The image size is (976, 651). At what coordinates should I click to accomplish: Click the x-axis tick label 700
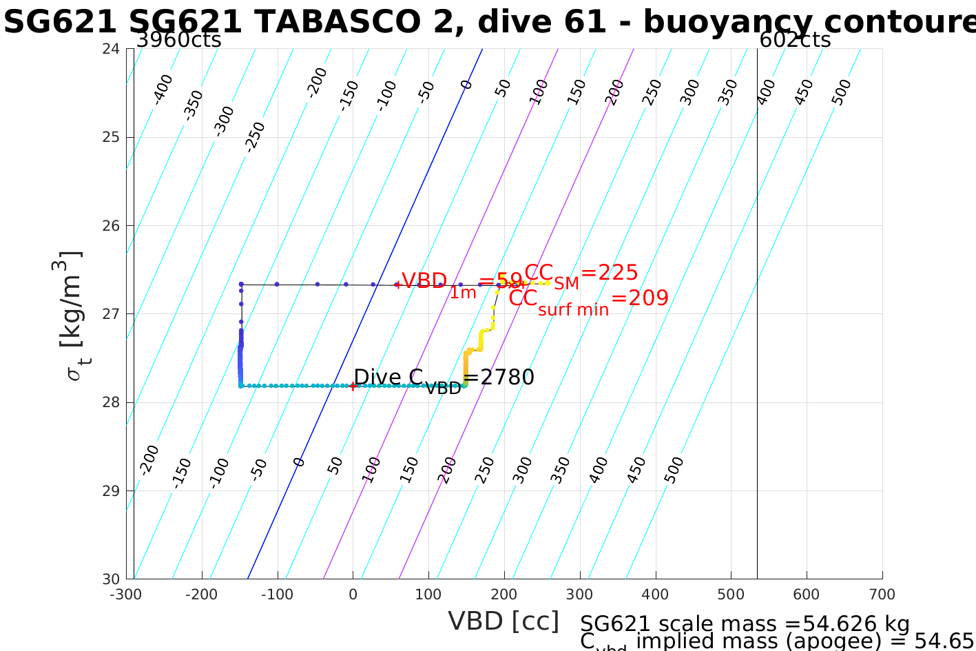coord(882,595)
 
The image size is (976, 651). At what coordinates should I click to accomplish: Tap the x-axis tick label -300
coord(126,595)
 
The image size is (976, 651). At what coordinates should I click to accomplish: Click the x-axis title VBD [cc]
coord(503,621)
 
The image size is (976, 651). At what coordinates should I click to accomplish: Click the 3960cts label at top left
coord(178,40)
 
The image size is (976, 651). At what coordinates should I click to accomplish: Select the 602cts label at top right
coord(795,40)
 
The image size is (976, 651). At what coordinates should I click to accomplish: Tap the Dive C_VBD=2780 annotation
coord(444,379)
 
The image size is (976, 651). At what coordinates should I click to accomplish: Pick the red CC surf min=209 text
coord(588,300)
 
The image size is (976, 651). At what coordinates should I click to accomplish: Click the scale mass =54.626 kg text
coord(745,624)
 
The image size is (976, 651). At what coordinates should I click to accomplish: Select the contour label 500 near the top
coord(841,92)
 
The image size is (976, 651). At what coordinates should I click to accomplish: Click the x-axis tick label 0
coord(353,595)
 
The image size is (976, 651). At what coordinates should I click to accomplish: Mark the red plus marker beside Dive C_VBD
coord(353,386)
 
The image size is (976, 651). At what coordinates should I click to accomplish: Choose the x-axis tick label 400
coord(655,595)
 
